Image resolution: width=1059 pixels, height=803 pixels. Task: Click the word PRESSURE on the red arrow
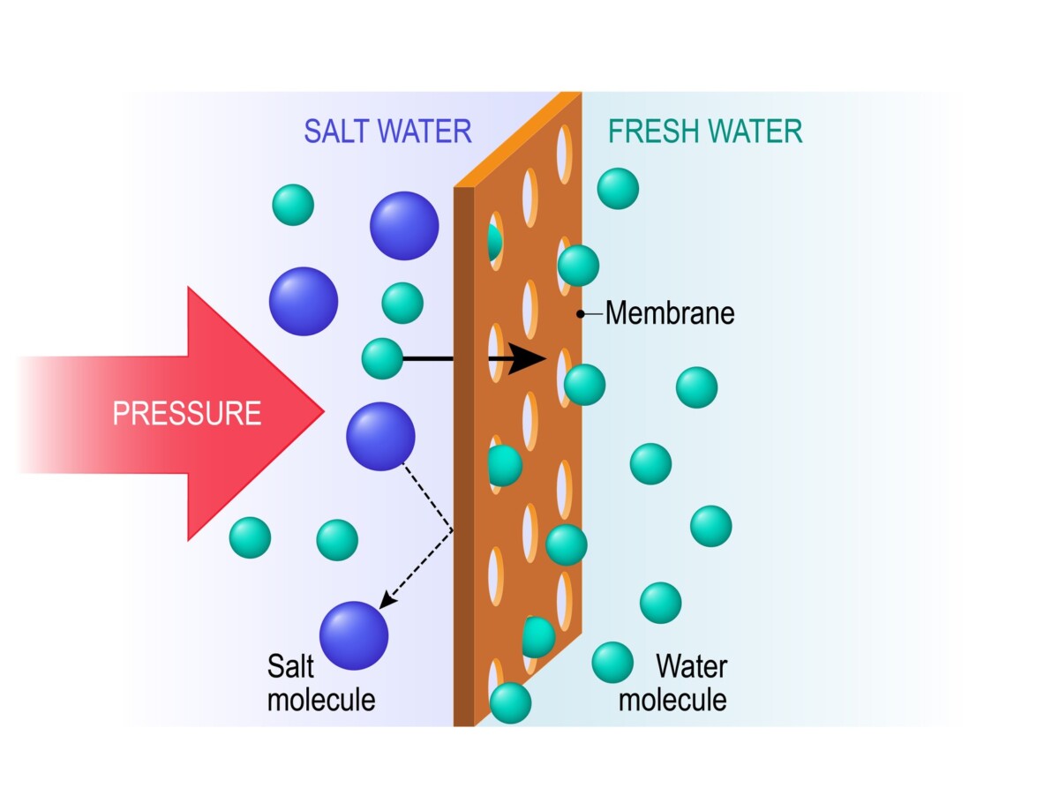pos(187,413)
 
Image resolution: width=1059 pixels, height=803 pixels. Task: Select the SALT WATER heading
pos(387,131)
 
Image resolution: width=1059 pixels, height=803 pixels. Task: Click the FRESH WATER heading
pos(705,131)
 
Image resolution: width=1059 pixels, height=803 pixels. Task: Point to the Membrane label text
pos(670,312)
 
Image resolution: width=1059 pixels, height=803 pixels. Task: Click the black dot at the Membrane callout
pos(581,313)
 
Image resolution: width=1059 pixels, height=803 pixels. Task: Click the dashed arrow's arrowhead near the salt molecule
pos(385,602)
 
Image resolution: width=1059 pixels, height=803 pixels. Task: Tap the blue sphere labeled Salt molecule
pos(354,635)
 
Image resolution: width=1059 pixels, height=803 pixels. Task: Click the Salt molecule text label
pos(320,681)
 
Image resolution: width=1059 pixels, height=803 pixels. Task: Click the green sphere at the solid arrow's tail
pos(382,358)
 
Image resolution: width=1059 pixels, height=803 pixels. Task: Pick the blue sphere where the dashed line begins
pos(380,436)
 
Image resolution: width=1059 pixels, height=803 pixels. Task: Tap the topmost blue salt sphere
pos(404,225)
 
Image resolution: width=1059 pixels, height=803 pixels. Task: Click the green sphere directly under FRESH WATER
pos(618,188)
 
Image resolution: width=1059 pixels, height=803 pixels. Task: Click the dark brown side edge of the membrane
pos(464,459)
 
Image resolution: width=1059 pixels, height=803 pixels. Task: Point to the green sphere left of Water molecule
pos(612,662)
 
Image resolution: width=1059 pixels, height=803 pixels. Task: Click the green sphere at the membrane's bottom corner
pos(510,702)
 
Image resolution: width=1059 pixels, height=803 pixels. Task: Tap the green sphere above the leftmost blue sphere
pos(293,205)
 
